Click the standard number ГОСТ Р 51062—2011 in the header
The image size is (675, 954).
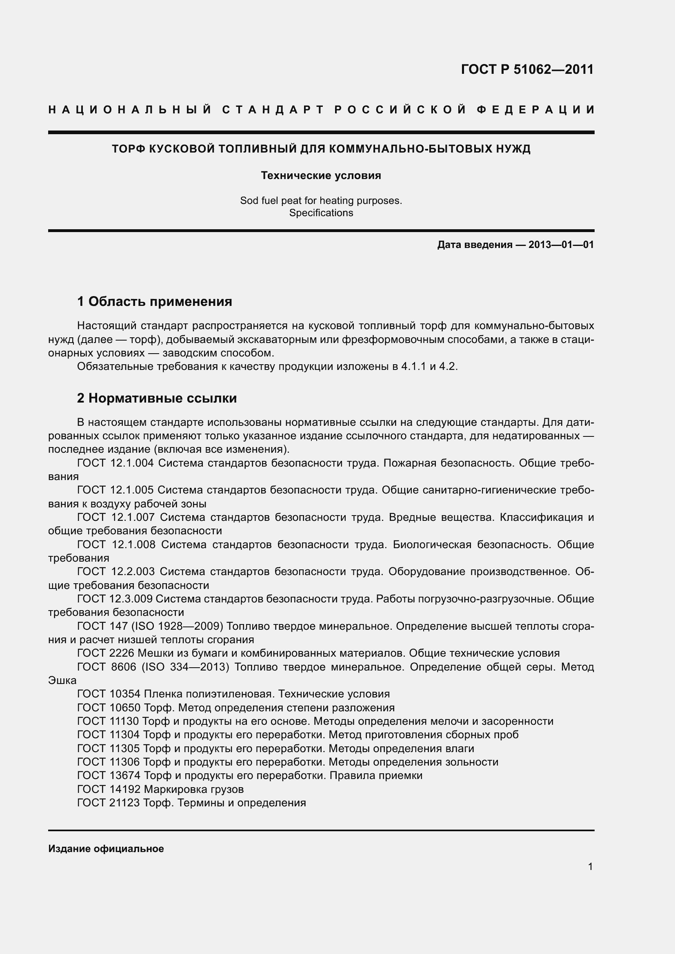[x=527, y=69]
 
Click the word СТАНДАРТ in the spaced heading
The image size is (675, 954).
[x=273, y=110]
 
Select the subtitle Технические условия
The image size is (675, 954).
[x=321, y=175]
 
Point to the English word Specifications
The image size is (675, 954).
[x=321, y=213]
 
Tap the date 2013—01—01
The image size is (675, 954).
[x=561, y=245]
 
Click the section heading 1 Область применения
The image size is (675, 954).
[x=155, y=301]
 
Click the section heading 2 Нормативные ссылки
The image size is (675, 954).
[x=157, y=398]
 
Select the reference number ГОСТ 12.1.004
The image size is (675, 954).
[x=115, y=463]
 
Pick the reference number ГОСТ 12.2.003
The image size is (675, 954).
[x=115, y=572]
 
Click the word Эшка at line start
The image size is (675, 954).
[x=62, y=681]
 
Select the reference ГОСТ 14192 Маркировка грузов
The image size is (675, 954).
[x=160, y=789]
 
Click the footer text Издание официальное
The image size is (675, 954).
[x=106, y=849]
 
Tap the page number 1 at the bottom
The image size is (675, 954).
[x=590, y=867]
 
